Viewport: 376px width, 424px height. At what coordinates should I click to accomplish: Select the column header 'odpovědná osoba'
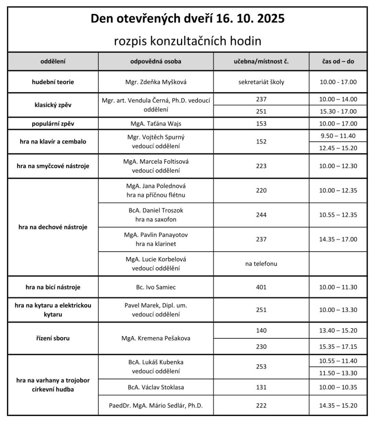coord(156,61)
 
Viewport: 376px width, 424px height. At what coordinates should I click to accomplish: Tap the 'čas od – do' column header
coord(338,61)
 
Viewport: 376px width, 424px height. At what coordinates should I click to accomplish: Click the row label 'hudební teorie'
coord(53,82)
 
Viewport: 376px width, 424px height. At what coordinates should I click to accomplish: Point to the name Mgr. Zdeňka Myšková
coord(156,82)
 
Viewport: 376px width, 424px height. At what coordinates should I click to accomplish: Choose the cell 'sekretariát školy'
coord(261,82)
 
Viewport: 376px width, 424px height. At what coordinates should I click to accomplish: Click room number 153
coord(261,124)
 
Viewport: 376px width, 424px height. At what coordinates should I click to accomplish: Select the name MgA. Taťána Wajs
coord(156,124)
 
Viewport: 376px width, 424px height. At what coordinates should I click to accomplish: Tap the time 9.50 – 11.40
coord(338,136)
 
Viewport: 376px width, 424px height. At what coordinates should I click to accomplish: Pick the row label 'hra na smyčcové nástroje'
coord(53,166)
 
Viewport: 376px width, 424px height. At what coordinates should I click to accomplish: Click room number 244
coord(261,215)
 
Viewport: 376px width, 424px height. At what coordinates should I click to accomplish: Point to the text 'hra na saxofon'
coord(156,220)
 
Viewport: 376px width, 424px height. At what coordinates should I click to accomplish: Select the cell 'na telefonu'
coord(261,263)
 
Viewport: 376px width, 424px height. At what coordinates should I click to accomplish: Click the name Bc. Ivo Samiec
coord(156,287)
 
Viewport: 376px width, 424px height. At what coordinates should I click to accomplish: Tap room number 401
coord(261,287)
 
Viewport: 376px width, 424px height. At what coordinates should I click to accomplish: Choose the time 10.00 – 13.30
coord(338,310)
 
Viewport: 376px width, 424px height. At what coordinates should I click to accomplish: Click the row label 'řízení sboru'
coord(53,338)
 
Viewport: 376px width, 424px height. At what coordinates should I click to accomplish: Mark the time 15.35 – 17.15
coord(338,346)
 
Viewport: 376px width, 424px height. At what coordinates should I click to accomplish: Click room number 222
coord(261,406)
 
